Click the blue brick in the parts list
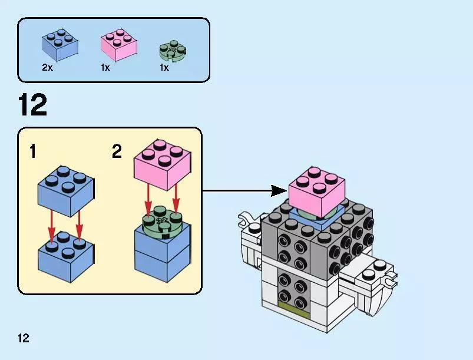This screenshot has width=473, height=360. pyautogui.click(x=60, y=44)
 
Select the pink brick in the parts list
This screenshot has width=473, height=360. pyautogui.click(x=119, y=46)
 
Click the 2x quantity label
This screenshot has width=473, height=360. pyautogui.click(x=48, y=68)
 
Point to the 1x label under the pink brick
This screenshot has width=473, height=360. pyautogui.click(x=105, y=68)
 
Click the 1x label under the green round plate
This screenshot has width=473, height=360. pyautogui.click(x=164, y=68)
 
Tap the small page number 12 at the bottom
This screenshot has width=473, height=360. pyautogui.click(x=23, y=338)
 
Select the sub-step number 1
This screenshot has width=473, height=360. pyautogui.click(x=33, y=152)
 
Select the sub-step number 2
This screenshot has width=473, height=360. pyautogui.click(x=117, y=152)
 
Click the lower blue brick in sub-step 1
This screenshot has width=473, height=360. pyautogui.click(x=63, y=254)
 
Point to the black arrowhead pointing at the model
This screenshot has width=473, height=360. pyautogui.click(x=279, y=191)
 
